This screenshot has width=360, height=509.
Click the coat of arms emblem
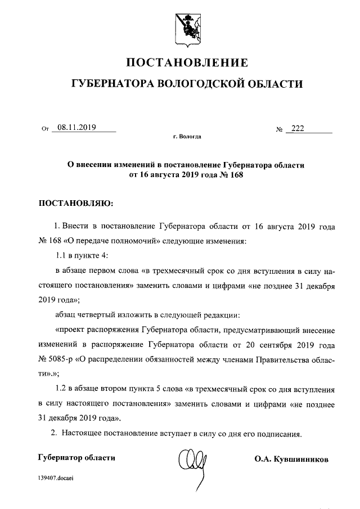tap(186, 26)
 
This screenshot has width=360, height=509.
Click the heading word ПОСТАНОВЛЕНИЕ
tap(186, 62)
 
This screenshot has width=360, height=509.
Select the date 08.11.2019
tap(76, 128)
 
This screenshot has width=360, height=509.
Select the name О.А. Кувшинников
tap(291, 459)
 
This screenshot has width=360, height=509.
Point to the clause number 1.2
tap(62, 389)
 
